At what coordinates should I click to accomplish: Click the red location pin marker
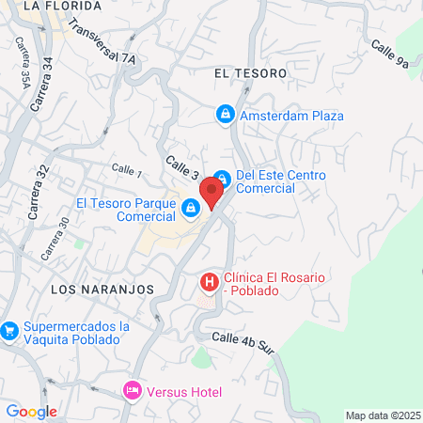(x=212, y=191)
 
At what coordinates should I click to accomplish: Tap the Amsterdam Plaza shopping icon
(x=225, y=116)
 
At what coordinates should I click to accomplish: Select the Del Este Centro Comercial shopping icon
(x=221, y=178)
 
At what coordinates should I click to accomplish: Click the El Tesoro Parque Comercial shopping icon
(x=191, y=208)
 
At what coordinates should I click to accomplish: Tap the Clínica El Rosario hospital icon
(x=208, y=281)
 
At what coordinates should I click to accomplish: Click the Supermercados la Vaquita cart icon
(x=9, y=330)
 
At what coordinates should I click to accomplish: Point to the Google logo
(x=31, y=411)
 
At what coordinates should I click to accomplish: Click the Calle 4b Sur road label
(x=243, y=343)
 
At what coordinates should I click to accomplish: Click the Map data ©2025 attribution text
(x=382, y=415)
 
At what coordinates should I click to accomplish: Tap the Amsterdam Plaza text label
(x=291, y=117)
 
